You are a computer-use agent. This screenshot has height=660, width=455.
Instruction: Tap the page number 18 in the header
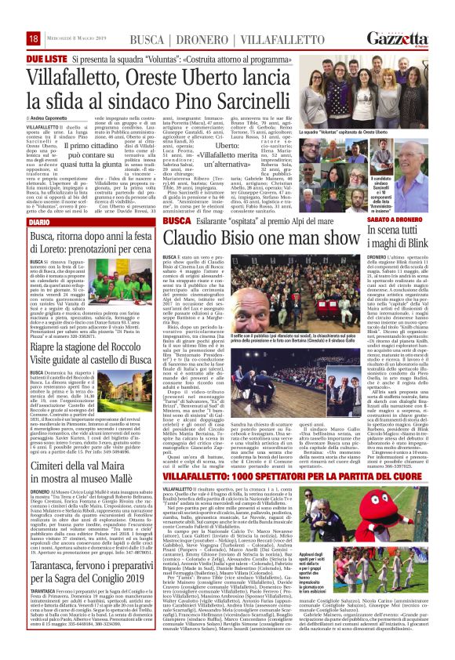34,39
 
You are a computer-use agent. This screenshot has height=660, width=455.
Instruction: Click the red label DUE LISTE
45,58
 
